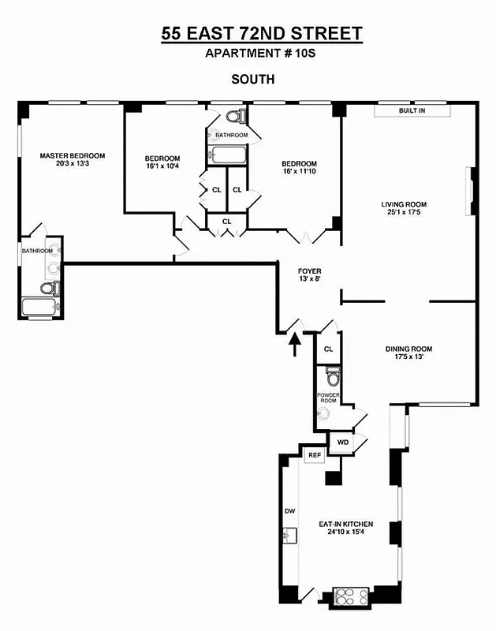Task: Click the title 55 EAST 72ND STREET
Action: coord(262,33)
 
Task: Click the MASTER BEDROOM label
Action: coord(73,155)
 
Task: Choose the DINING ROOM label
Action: coord(408,349)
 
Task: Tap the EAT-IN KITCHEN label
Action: coord(345,524)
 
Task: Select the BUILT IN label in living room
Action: coord(412,111)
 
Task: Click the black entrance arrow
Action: coord(295,345)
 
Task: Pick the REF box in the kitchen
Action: coord(314,455)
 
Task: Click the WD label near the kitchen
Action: coord(342,442)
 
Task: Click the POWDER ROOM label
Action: coord(327,398)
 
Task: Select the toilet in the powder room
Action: coord(331,372)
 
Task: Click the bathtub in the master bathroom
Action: coord(39,307)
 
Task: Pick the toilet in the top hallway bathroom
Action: coord(233,118)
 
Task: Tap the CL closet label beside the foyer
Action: coord(328,348)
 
